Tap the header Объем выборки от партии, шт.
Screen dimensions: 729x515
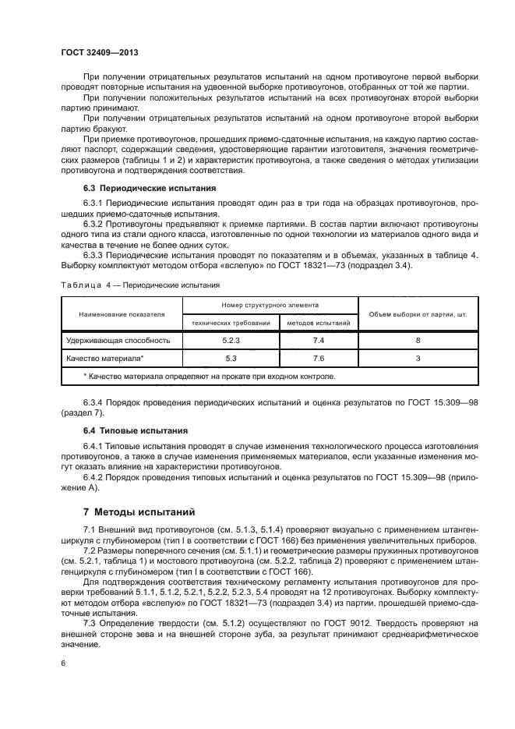pos(418,313)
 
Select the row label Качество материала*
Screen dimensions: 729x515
pos(105,358)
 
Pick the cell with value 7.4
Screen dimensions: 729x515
pos(318,340)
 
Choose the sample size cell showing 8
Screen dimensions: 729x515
pos(418,340)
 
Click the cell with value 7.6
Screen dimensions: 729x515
pos(318,358)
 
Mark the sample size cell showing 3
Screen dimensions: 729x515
pos(418,358)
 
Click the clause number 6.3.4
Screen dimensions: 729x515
pos(95,402)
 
